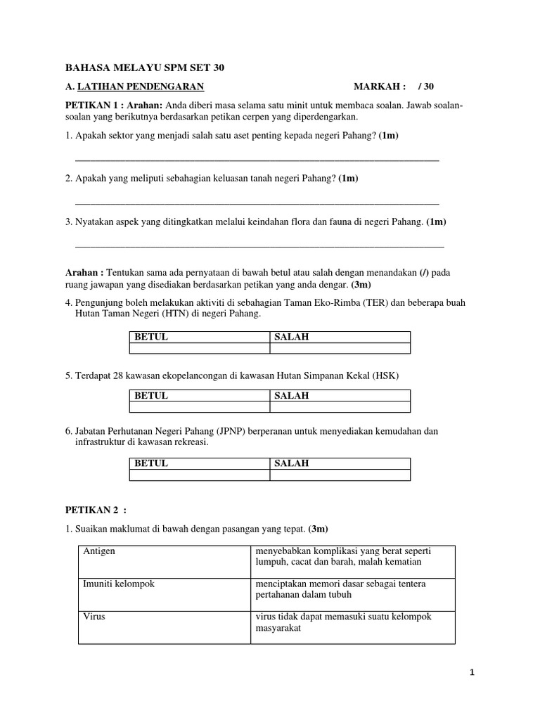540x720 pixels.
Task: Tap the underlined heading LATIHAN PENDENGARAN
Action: pos(140,86)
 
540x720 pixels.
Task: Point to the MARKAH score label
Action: pos(380,86)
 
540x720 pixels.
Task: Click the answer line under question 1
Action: pos(257,160)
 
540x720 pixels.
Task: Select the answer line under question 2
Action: pos(257,202)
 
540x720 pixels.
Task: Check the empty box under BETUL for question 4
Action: pos(200,348)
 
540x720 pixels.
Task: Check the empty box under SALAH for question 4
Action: pos(340,348)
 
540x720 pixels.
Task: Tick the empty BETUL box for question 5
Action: pos(200,406)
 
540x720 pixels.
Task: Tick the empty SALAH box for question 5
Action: pos(340,406)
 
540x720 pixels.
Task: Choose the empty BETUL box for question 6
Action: pos(200,475)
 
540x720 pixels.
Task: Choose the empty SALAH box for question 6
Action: pos(340,475)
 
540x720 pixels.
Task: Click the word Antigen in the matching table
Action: pos(99,551)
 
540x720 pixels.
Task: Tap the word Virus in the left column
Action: pos(94,617)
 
